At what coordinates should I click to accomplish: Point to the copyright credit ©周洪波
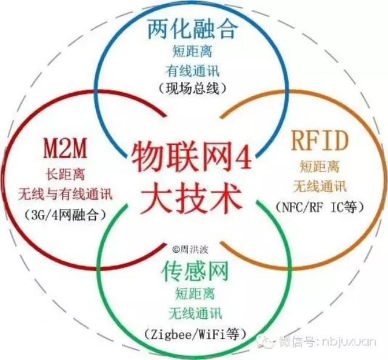coord(190,247)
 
